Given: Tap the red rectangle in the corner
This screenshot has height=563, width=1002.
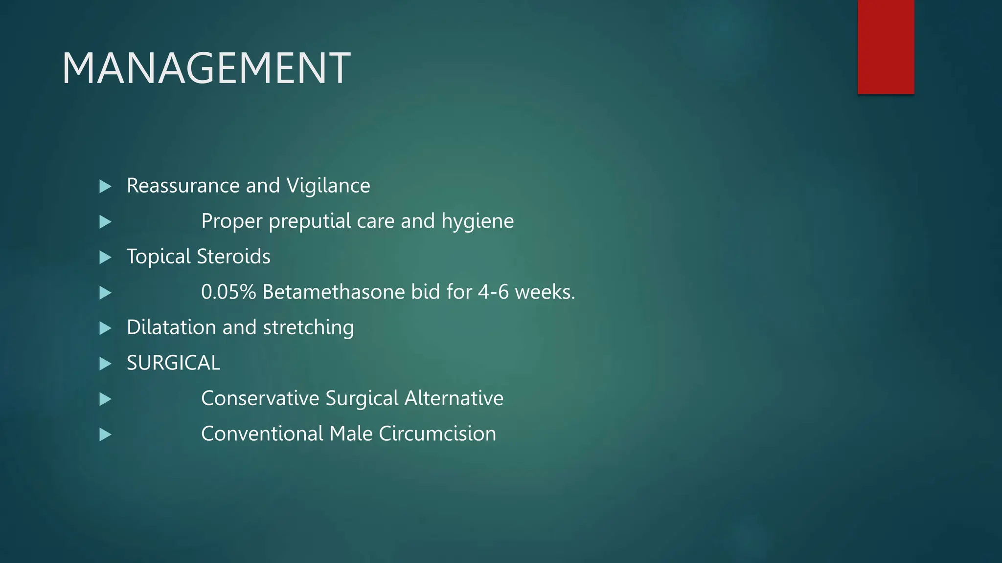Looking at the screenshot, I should coord(886,46).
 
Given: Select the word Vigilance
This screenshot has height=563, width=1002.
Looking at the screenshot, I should coord(328,186).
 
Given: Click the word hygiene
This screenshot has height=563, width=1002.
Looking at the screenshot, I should coord(478,221).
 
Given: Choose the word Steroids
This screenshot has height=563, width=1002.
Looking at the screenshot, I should coord(233,257).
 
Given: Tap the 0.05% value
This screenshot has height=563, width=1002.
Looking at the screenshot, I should coord(228,292).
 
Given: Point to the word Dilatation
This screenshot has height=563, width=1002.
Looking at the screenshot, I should coord(171,327).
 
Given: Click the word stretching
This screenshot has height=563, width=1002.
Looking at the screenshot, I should coord(308,327).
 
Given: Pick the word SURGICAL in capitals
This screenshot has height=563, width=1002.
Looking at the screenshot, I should coord(173,363).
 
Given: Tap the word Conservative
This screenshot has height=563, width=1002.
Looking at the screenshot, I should coord(260,398).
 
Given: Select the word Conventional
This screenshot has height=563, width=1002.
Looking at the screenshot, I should coord(262,434).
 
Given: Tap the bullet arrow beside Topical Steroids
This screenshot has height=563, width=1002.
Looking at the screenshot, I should coord(105,257).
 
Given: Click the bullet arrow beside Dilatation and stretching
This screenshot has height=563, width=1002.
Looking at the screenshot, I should coord(105,328).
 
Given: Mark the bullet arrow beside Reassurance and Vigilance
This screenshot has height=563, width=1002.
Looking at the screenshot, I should coord(105,186).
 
